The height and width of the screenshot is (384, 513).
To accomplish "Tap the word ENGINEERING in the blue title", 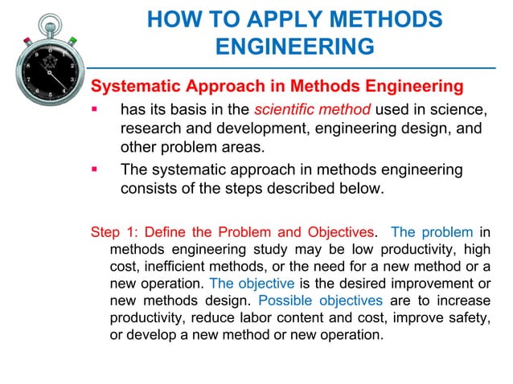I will [x=295, y=47].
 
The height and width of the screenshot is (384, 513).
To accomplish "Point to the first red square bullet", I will [x=96, y=108].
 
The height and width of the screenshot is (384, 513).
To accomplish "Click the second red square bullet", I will [x=96, y=170].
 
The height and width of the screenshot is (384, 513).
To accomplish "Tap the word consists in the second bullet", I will [x=150, y=190].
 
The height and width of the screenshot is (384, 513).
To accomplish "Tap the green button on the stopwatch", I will [x=71, y=39].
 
